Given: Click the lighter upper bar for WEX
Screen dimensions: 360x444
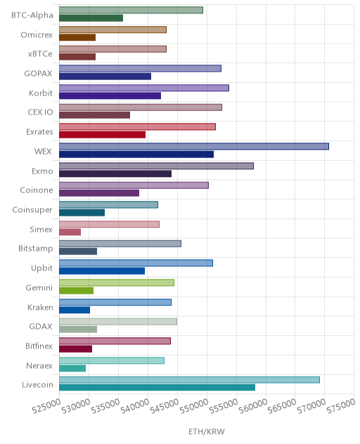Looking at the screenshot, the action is pos(194,146).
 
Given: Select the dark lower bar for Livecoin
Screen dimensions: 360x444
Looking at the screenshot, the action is pos(157,387).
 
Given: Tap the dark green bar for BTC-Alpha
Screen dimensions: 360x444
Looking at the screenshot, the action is pos(91,18).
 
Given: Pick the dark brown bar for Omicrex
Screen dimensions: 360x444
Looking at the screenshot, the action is pos(77,37).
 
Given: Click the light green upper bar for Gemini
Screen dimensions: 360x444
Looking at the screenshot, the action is pos(117,282).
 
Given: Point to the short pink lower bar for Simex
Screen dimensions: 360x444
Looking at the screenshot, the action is pos(70,232).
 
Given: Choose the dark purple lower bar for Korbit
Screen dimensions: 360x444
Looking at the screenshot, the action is pos(110,96).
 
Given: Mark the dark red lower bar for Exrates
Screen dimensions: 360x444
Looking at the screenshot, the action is pos(103,135).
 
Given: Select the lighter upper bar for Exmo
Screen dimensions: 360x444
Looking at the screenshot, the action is pos(157,166).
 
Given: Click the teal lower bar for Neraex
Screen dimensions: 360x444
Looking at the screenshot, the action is pos(72,368).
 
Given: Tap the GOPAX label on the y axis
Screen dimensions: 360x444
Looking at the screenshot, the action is pos(38,74).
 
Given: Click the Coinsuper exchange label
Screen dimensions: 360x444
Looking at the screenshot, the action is pos(32,210).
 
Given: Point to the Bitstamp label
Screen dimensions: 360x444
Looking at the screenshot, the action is pos(36,249).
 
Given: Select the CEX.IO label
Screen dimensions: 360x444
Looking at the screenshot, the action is pos(40,112).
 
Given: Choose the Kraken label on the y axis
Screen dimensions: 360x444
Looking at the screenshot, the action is pos(40,307).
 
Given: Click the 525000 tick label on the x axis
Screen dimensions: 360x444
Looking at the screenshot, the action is pos(46,406).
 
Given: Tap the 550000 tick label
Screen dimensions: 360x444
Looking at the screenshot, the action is pos(193,406).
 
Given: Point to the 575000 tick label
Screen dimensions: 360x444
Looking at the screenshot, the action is pos(341,406).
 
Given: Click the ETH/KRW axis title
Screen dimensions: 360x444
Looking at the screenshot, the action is pos(207,431).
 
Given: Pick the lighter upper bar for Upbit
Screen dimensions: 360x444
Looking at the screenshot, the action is pos(136,263).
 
